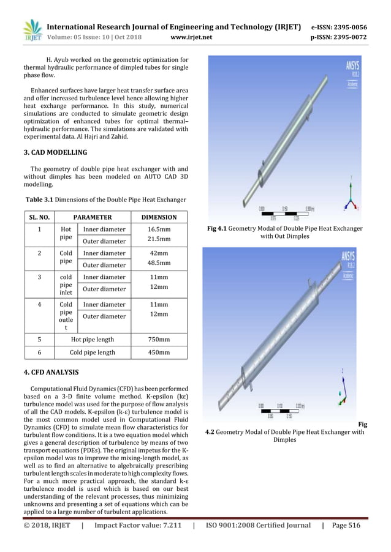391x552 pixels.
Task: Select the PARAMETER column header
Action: click(x=92, y=217)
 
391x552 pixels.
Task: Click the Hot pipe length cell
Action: click(x=92, y=338)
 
